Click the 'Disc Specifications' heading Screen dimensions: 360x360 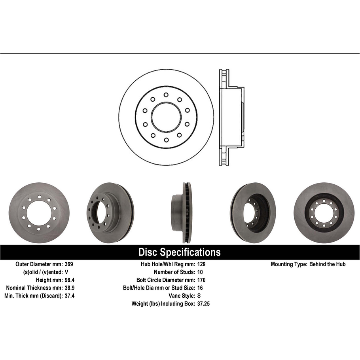point(180,252)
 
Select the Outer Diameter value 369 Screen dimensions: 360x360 point(69,264)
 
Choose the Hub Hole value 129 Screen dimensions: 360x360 point(201,264)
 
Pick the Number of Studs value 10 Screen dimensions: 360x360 point(200,272)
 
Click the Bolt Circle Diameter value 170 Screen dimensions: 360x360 point(201,280)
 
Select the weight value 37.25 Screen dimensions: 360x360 point(203,304)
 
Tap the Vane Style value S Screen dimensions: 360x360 point(199,296)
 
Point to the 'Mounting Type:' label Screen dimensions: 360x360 point(288,264)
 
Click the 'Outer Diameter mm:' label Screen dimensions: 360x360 point(39,264)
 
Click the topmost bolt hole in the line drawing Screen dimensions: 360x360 point(166,95)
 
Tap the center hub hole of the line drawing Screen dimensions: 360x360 point(166,117)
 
